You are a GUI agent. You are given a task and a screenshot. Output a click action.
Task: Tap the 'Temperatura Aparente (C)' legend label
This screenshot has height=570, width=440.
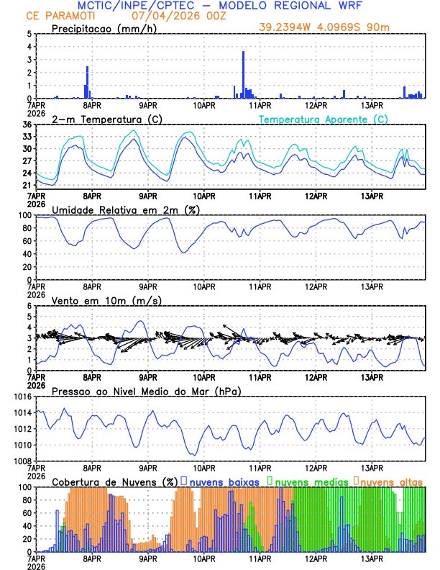click(x=324, y=119)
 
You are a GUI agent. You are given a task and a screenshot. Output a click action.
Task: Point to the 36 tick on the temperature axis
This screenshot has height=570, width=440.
click(x=27, y=125)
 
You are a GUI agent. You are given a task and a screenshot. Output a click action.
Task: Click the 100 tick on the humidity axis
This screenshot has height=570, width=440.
click(x=24, y=215)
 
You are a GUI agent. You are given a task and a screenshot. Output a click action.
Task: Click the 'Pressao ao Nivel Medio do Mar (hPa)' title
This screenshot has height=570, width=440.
click(x=147, y=391)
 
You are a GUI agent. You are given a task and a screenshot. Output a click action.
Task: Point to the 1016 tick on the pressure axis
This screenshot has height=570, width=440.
click(x=21, y=397)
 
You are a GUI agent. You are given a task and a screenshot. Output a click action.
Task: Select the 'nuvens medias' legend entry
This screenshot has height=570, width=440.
click(x=310, y=481)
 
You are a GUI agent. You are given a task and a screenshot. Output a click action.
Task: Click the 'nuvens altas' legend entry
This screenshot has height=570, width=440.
click(x=391, y=481)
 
